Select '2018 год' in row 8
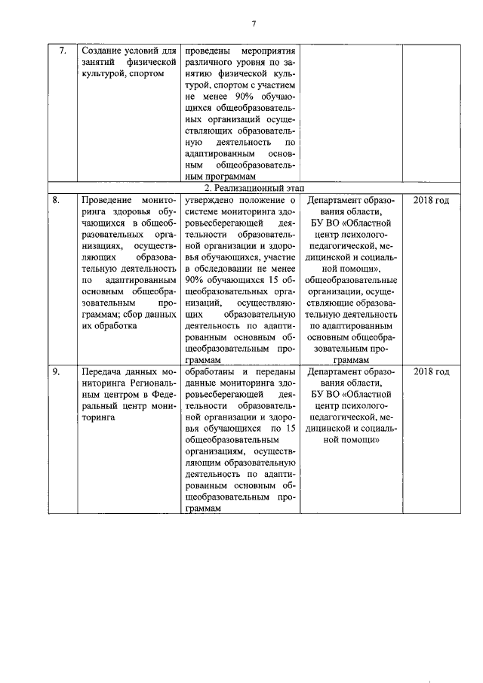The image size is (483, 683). click(432, 200)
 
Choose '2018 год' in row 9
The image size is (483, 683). click(432, 372)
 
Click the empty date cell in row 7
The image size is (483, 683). click(432, 113)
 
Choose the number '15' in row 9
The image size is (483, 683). click(286, 429)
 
